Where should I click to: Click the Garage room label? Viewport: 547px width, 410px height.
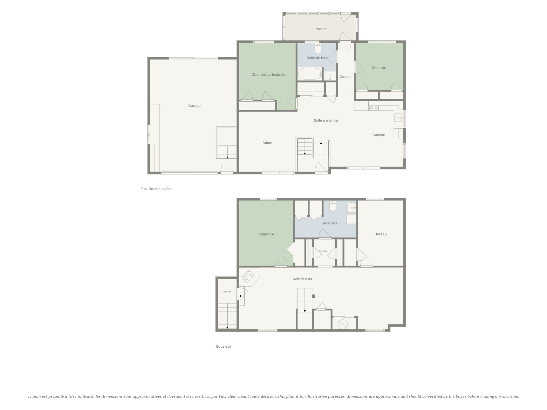click(194, 106)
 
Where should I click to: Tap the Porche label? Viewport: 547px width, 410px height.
click(320, 29)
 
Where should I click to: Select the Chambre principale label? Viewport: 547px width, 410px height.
click(268, 75)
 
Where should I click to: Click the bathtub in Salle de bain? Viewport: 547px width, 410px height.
click(310, 74)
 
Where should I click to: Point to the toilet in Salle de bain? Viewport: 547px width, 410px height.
click(318, 49)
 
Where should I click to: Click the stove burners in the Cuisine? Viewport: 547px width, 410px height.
click(373, 108)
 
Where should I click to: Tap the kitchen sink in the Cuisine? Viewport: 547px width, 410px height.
click(398, 117)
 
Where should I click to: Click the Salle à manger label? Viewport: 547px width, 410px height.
click(326, 120)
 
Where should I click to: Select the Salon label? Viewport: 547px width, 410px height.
click(267, 143)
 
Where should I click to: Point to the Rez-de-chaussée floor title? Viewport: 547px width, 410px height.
click(156, 189)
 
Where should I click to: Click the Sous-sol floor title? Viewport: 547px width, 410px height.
click(223, 347)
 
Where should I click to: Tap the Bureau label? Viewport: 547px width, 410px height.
click(380, 234)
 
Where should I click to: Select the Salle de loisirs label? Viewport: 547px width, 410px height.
click(303, 279)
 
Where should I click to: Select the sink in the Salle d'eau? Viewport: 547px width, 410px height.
click(351, 208)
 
